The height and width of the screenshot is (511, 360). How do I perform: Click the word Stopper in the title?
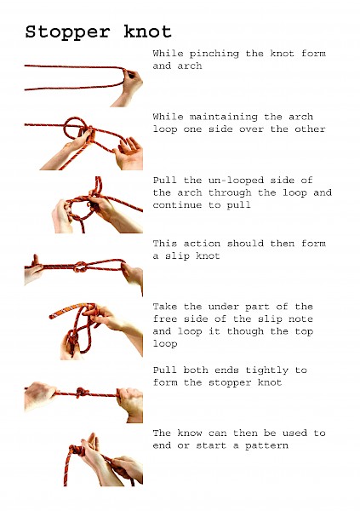(x=68, y=32)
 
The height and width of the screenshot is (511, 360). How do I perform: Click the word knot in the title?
(x=147, y=32)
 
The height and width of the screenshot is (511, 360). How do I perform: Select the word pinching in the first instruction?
(x=214, y=54)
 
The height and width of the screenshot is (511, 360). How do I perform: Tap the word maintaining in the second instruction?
(x=224, y=117)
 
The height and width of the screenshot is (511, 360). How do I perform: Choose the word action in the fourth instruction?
(x=202, y=244)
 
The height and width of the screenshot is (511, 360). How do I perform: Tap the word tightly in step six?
(x=267, y=370)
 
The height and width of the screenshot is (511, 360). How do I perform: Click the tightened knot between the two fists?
(x=81, y=393)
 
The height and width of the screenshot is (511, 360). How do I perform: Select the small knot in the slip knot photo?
(x=80, y=267)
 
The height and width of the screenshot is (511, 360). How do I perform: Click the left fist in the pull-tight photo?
(x=41, y=396)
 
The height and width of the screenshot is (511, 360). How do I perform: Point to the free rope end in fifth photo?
(x=51, y=316)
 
